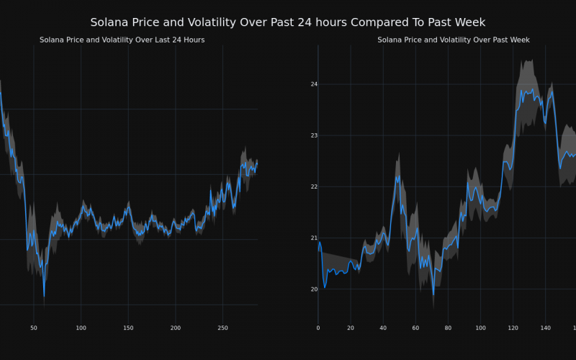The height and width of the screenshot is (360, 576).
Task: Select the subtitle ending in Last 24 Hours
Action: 122,40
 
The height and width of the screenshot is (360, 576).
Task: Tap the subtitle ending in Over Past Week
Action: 454,40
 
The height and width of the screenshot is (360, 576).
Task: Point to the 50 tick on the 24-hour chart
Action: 33,328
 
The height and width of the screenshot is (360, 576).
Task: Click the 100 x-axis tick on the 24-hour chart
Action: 81,328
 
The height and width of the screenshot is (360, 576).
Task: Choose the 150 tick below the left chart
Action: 128,328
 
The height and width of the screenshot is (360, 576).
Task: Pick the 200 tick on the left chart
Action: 176,328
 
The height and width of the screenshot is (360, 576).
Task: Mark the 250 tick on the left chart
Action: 222,328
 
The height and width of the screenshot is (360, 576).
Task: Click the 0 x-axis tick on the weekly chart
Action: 318,328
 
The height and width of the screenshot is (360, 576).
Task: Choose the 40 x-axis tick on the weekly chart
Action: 383,328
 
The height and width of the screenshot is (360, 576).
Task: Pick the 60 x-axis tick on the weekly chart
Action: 415,328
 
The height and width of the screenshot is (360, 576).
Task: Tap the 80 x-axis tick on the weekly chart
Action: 448,328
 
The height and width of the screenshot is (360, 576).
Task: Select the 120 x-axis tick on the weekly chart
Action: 513,328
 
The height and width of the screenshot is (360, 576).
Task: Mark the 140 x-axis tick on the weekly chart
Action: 545,328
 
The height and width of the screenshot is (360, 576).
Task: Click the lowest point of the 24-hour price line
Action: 44,296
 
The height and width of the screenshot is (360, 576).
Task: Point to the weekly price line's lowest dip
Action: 433,294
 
